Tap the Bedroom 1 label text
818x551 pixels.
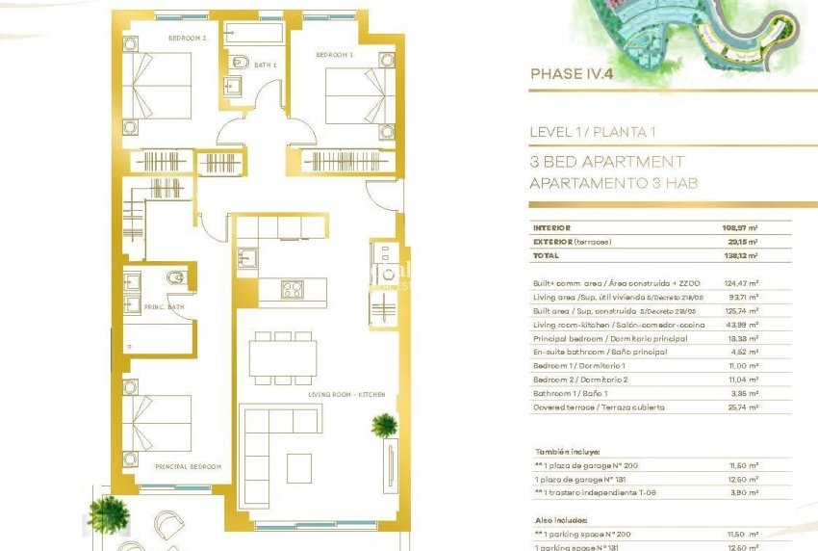[x=334, y=55]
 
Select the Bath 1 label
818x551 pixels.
[x=266, y=65]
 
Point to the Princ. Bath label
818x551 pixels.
[x=165, y=307]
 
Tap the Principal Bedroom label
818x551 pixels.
[x=180, y=465]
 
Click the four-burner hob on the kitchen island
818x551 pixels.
[x=292, y=288]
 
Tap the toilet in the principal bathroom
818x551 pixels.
[x=174, y=279]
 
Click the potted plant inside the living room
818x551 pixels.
[x=383, y=424]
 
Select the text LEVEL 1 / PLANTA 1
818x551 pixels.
[x=592, y=132]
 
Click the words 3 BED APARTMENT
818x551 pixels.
[x=606, y=162]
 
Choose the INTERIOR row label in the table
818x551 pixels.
[x=553, y=228]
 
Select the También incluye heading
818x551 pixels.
[x=568, y=451]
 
